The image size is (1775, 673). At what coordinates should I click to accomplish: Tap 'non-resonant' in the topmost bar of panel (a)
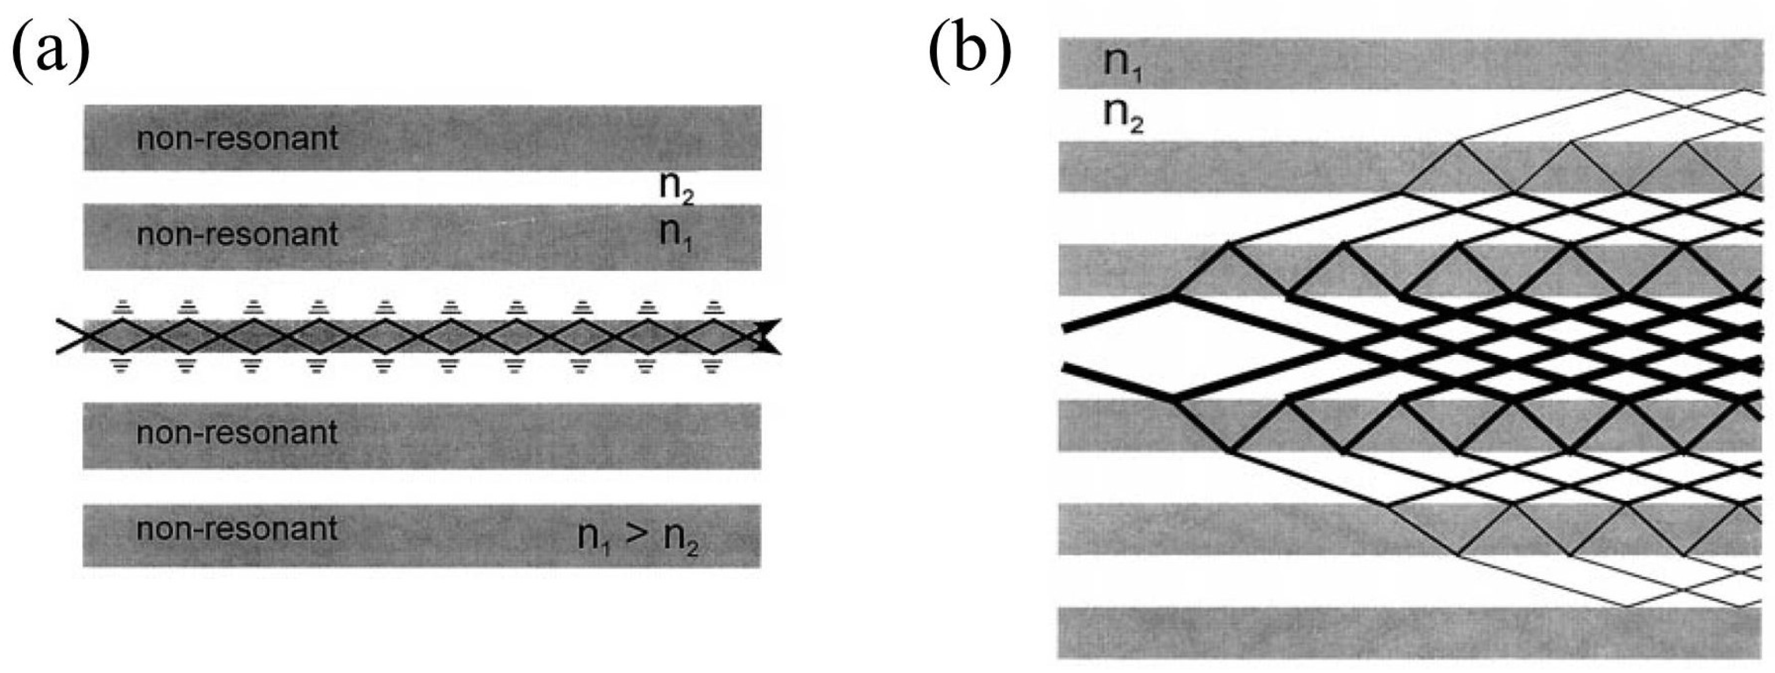237,139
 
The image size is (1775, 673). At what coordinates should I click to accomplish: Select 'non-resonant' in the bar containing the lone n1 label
237,235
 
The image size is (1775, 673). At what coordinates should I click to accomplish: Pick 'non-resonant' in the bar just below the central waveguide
237,433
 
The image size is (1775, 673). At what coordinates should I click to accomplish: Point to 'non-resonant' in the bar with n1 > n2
237,529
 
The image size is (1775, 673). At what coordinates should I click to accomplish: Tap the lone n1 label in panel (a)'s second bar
676,235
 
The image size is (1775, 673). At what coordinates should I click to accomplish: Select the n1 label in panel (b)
1122,64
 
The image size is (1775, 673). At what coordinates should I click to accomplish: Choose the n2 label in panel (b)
1122,115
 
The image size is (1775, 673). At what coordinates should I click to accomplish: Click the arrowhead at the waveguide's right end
768,337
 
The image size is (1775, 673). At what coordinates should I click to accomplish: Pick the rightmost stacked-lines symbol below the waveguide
712,365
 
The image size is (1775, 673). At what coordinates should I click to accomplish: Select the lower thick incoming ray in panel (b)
1116,382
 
